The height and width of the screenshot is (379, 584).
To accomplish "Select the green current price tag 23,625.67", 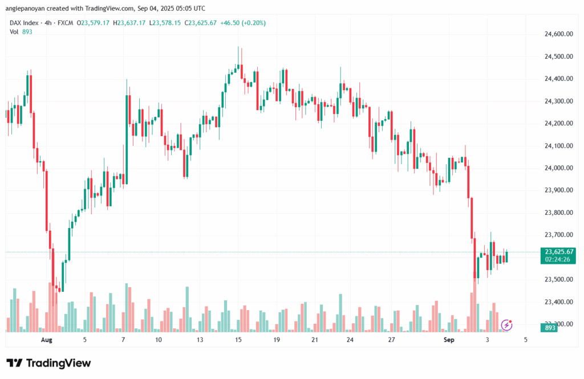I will pyautogui.click(x=559, y=251).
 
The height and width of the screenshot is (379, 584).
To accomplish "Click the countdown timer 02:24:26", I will pyautogui.click(x=559, y=259).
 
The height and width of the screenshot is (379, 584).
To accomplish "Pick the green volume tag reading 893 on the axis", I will pyautogui.click(x=550, y=328).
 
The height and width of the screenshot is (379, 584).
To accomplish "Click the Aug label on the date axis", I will pyautogui.click(x=47, y=340).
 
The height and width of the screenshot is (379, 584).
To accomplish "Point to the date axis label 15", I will pyautogui.click(x=237, y=340).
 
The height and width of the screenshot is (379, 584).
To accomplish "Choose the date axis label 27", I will pyautogui.click(x=391, y=340).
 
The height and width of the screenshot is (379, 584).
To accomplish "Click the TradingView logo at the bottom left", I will pyautogui.click(x=48, y=363).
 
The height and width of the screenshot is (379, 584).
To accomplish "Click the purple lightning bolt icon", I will pyautogui.click(x=506, y=325).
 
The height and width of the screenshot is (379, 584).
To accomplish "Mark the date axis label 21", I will pyautogui.click(x=314, y=340).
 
